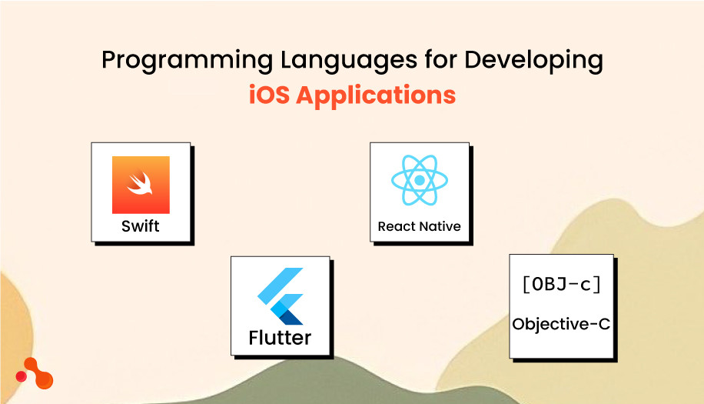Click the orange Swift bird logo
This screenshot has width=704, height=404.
click(141, 185)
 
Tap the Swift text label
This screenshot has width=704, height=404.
click(141, 226)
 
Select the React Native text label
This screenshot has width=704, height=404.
click(419, 226)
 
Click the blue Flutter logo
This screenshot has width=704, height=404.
click(281, 296)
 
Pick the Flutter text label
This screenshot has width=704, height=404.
click(280, 337)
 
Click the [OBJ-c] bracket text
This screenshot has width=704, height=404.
click(561, 285)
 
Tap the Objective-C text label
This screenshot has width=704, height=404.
click(561, 324)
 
